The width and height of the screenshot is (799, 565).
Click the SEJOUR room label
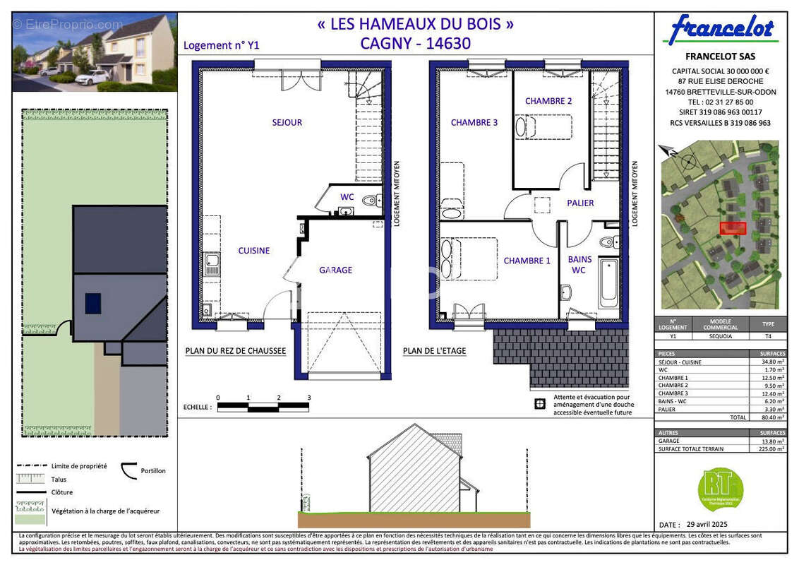click(287, 122)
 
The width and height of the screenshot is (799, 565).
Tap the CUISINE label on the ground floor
click(253, 250)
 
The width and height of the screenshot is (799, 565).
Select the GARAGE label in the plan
click(335, 270)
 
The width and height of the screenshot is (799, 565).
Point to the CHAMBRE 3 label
click(474, 122)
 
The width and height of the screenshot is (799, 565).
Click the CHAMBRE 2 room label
click(548, 101)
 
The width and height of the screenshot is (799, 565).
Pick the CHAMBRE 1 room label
click(527, 261)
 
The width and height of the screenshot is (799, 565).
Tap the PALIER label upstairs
click(580, 203)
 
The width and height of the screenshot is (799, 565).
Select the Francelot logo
click(721, 30)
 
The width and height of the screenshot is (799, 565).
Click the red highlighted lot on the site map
click(733, 228)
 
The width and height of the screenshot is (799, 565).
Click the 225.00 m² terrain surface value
click(767, 448)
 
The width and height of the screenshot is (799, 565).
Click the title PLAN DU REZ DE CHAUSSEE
click(235, 350)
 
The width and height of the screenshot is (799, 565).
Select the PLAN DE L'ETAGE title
click(434, 350)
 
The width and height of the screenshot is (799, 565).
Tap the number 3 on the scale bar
click(308, 398)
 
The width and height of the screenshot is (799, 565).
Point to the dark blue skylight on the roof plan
click(93, 303)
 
